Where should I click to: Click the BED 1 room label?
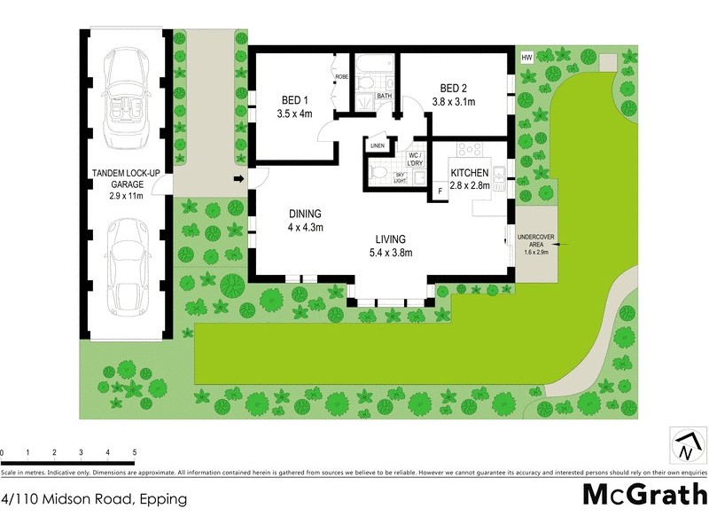pyautogui.click(x=292, y=106)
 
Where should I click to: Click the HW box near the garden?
pyautogui.click(x=526, y=58)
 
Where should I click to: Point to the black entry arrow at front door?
pyautogui.click(x=238, y=180)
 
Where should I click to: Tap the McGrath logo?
pyautogui.click(x=644, y=493)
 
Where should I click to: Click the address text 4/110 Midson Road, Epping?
pyautogui.click(x=95, y=498)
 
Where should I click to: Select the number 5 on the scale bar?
pyautogui.click(x=134, y=452)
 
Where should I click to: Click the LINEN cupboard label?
pyautogui.click(x=378, y=145)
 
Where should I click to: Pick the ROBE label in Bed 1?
pyautogui.click(x=341, y=77)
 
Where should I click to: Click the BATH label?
pyautogui.click(x=384, y=95)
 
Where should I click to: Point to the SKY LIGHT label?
pyautogui.click(x=400, y=177)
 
